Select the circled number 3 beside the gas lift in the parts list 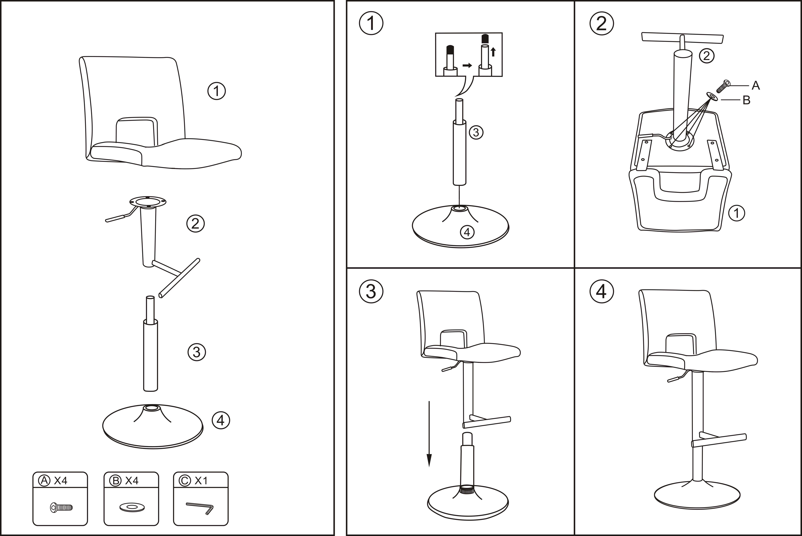[x=197, y=352]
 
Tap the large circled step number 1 [x=371, y=24]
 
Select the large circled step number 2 [x=602, y=24]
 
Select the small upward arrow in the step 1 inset [x=493, y=52]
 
